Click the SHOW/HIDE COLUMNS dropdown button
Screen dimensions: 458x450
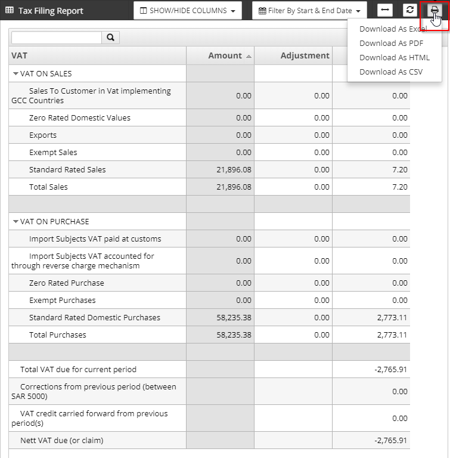click(x=187, y=11)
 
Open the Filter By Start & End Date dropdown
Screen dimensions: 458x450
click(x=309, y=11)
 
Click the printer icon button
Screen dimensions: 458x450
click(x=435, y=10)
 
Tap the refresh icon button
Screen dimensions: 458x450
click(x=409, y=10)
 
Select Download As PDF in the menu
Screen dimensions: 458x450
click(x=391, y=43)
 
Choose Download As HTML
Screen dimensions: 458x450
click(x=394, y=57)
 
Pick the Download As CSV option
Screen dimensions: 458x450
click(x=390, y=72)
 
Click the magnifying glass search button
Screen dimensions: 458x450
click(x=111, y=38)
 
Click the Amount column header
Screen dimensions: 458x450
click(x=225, y=55)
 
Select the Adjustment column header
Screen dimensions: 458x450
click(x=305, y=55)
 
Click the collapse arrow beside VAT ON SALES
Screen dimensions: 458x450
click(x=15, y=74)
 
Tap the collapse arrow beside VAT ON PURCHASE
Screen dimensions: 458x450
click(x=15, y=222)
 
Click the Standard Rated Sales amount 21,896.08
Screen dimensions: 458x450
click(x=234, y=169)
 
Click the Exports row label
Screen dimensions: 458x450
click(x=43, y=135)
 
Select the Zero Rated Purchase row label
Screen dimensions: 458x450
click(x=66, y=283)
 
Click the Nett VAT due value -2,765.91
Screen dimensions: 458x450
click(x=390, y=441)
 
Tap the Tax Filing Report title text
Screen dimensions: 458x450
click(x=51, y=11)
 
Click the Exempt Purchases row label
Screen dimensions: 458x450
click(x=62, y=300)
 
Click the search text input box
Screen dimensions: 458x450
click(x=57, y=38)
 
